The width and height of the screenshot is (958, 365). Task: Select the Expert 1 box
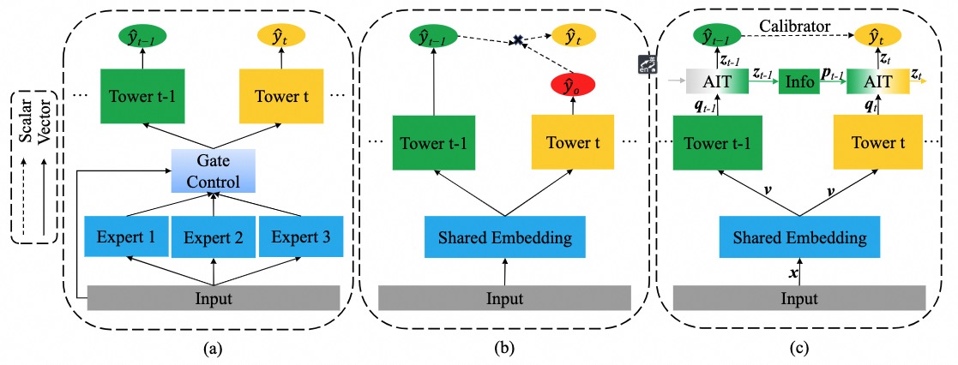tap(125, 236)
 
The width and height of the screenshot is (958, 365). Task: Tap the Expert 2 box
tap(213, 236)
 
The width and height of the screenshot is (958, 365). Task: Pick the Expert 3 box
tap(300, 236)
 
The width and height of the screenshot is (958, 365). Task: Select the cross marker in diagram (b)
tap(518, 40)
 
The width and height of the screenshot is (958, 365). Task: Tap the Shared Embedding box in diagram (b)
tap(504, 236)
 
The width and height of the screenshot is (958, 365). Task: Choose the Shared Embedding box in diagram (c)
tap(798, 236)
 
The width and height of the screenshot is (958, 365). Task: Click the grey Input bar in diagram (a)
tap(214, 298)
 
